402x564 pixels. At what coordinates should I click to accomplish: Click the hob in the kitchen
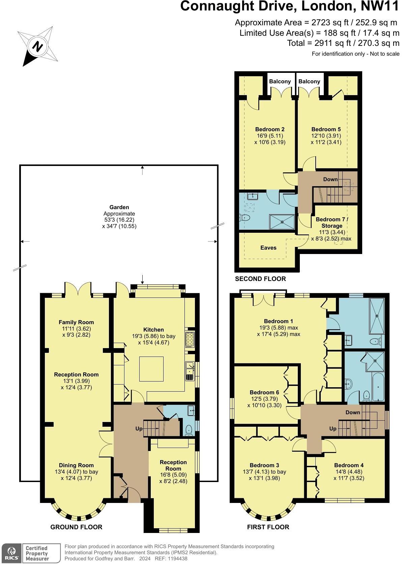click(x=190, y=340)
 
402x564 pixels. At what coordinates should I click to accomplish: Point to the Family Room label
click(x=76, y=322)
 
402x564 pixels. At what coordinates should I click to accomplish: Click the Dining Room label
click(x=76, y=465)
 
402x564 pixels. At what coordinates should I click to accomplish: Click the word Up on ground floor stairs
click(x=139, y=429)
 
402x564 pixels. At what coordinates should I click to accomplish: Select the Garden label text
click(x=119, y=207)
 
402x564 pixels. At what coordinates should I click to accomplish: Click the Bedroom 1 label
click(x=278, y=321)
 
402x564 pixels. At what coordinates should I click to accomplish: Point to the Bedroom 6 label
click(x=264, y=392)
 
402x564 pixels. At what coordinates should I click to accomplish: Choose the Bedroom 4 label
click(x=349, y=465)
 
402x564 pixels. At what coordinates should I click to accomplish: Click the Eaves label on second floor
click(x=268, y=248)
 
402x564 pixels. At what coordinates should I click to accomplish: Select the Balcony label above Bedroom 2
click(x=280, y=81)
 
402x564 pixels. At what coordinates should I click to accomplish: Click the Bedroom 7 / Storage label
click(x=332, y=222)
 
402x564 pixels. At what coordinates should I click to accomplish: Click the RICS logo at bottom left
click(x=11, y=553)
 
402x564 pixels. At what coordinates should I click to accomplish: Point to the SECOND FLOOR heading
click(x=260, y=279)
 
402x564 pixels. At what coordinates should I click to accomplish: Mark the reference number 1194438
click(x=176, y=559)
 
